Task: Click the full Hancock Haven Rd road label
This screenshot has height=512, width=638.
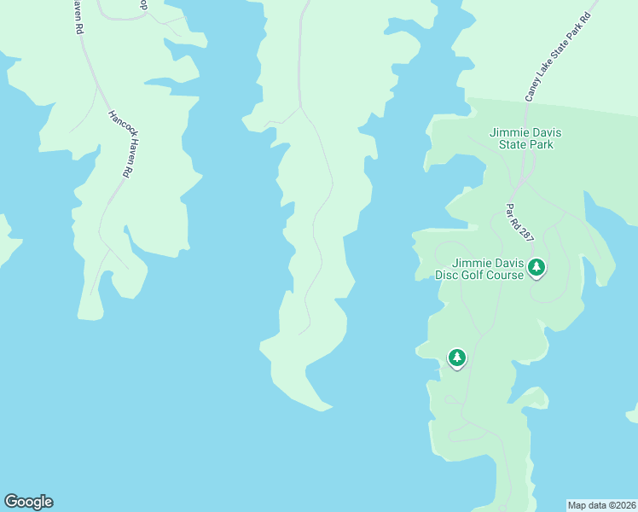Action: click(x=119, y=143)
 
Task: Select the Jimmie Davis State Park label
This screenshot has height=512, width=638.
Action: click(x=521, y=138)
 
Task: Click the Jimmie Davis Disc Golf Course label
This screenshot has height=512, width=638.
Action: click(x=478, y=268)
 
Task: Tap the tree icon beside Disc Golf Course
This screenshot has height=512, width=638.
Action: click(x=536, y=268)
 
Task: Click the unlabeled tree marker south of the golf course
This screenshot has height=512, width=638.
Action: click(x=457, y=358)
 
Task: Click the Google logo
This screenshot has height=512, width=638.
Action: click(x=28, y=502)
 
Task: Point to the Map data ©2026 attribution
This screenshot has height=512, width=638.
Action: click(x=601, y=505)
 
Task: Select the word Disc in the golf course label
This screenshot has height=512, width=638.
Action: click(x=448, y=275)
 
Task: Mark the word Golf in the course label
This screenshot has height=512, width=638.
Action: click(x=475, y=275)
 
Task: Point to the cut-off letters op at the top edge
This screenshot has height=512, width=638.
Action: click(x=142, y=3)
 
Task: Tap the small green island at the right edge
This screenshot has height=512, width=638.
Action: click(x=632, y=415)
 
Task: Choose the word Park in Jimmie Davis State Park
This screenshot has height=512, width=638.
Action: click(x=539, y=144)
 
